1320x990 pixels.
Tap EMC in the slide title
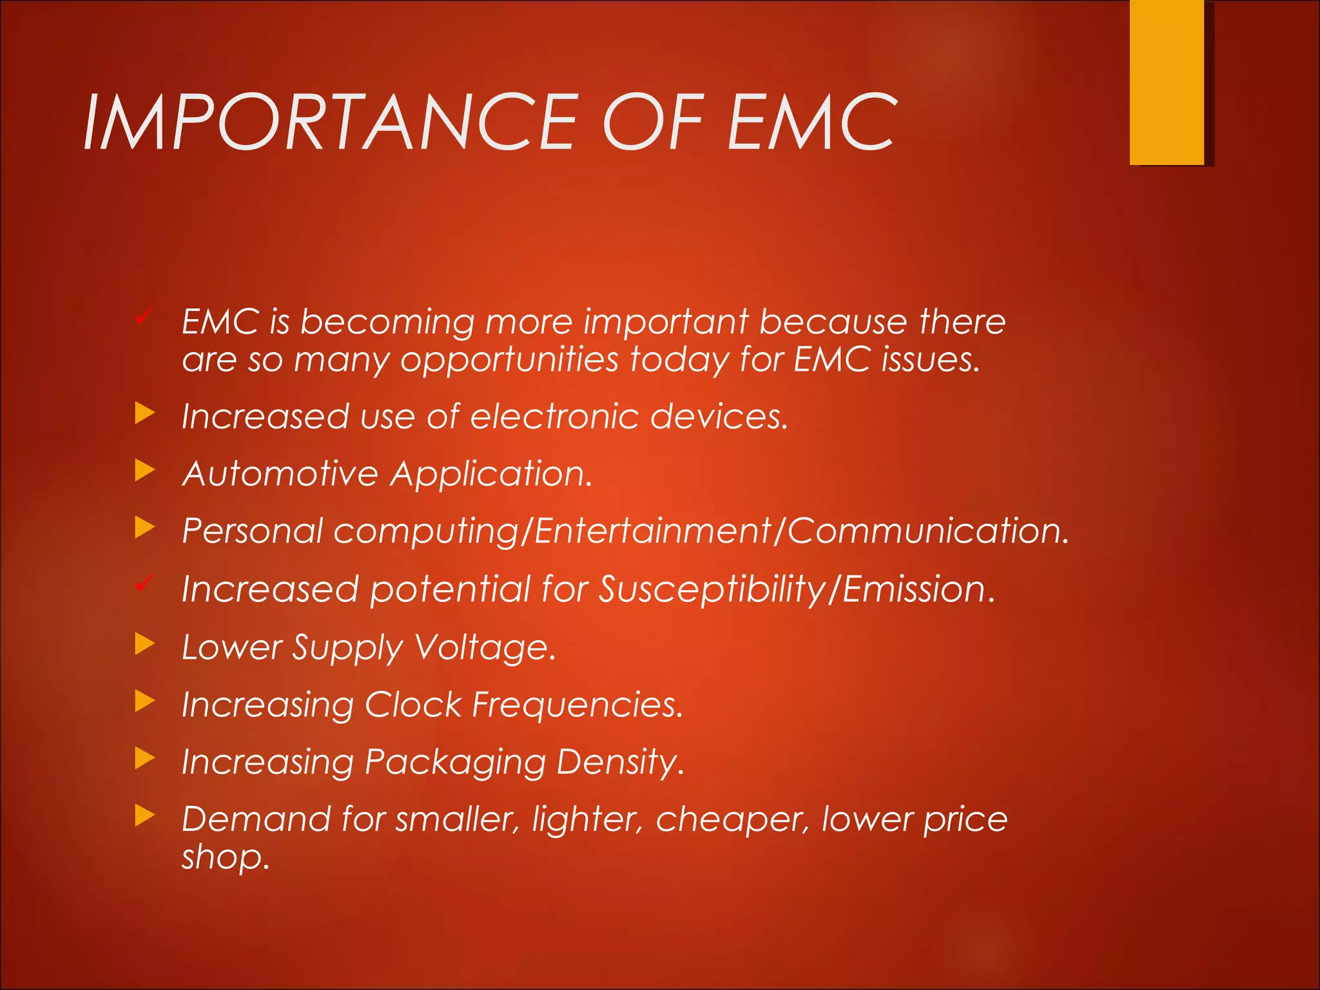812,122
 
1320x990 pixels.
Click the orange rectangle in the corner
1167,82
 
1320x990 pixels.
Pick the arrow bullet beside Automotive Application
145,471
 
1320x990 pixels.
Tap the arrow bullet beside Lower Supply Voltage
145,643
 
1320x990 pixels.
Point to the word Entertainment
653,531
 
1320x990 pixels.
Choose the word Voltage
483,647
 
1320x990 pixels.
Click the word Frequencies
577,704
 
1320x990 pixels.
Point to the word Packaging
454,762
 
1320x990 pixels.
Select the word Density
619,762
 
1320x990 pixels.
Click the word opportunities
509,360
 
